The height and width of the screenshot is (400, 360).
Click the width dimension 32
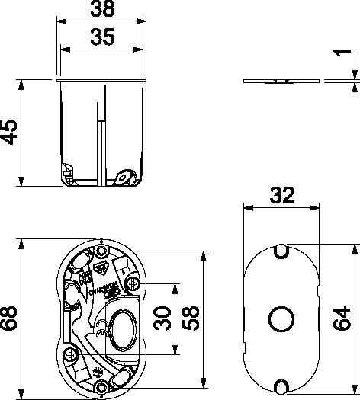pyautogui.click(x=281, y=196)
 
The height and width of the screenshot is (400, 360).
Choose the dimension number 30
pyautogui.click(x=162, y=320)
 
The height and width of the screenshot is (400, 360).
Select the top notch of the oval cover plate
pyautogui.click(x=281, y=248)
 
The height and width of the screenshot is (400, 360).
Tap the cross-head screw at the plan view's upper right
pyautogui.click(x=134, y=284)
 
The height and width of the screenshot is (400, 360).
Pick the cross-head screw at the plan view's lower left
pyautogui.click(x=70, y=353)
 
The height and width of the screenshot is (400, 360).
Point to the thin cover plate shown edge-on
pyautogui.click(x=281, y=82)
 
